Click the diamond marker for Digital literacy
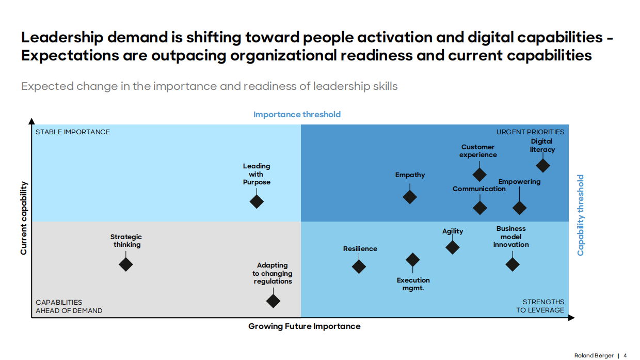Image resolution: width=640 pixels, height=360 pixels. (x=542, y=165)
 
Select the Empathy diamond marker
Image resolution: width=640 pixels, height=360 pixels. (x=410, y=196)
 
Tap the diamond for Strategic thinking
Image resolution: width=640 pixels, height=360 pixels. (x=126, y=264)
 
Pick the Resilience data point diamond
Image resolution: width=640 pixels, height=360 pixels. (x=359, y=267)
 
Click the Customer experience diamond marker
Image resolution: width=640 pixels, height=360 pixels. (x=479, y=174)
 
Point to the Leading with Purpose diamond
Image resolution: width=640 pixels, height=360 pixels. (x=257, y=201)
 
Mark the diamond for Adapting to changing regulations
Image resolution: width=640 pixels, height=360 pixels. (x=273, y=301)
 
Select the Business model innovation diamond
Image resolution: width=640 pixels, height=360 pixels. (x=512, y=264)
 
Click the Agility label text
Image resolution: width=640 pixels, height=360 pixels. (x=453, y=231)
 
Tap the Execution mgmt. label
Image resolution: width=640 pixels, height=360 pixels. (x=413, y=284)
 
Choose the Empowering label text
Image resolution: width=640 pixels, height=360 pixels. (x=519, y=182)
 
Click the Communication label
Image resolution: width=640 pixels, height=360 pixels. (x=479, y=189)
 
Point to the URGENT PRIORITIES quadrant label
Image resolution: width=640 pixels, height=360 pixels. (x=530, y=132)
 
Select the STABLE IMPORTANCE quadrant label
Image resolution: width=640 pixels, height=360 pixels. (x=73, y=132)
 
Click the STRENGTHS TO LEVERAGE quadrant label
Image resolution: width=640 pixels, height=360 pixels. (x=540, y=306)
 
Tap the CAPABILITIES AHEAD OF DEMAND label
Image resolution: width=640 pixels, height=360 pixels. (x=69, y=306)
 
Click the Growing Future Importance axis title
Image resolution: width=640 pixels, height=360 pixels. (x=304, y=326)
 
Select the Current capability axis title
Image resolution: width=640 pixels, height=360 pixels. (x=24, y=218)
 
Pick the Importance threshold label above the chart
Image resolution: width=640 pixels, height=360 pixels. (x=297, y=115)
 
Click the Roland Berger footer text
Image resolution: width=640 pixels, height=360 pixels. (x=594, y=356)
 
